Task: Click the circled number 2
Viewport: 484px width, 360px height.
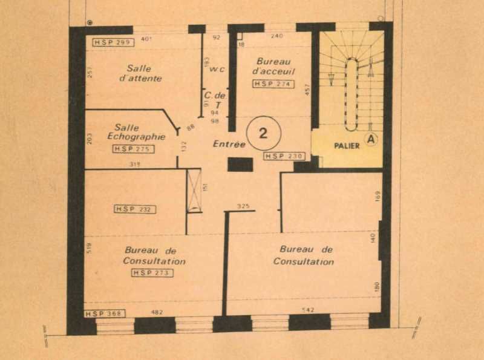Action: coord(263,134)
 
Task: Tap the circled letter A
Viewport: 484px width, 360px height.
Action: coord(371,140)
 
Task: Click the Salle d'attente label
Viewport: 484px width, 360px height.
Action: coord(139,73)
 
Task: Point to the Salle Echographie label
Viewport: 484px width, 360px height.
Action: coord(136,132)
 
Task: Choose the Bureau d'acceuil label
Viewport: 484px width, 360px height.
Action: coord(273,66)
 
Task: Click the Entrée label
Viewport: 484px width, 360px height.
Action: coord(229,145)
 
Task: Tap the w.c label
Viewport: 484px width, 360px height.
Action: coord(217,69)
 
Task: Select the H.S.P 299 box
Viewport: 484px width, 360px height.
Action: coord(114,42)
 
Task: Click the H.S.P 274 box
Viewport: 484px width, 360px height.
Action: coord(273,84)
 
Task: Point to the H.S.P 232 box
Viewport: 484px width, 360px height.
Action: coord(135,209)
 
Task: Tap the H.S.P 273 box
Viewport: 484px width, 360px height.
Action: coord(152,273)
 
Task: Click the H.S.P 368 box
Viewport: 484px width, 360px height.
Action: coord(104,313)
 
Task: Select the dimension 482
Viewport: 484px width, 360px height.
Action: coord(157,312)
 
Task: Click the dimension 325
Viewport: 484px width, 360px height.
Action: coord(243,206)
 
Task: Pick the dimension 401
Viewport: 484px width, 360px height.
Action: coord(145,39)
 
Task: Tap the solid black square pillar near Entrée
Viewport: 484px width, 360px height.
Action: coord(240,165)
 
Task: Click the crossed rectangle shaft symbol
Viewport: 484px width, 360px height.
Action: coord(194,191)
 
